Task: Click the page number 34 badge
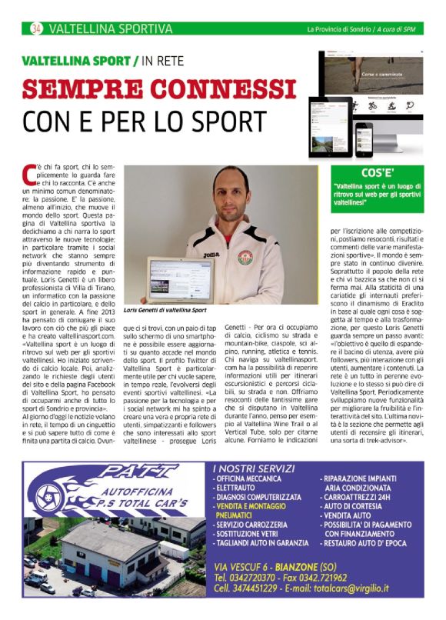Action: (x=35, y=29)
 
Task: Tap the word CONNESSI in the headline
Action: (x=216, y=89)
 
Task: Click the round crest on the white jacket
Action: (x=246, y=256)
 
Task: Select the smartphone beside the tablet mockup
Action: (x=363, y=139)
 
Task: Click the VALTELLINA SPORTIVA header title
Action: (x=110, y=29)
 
